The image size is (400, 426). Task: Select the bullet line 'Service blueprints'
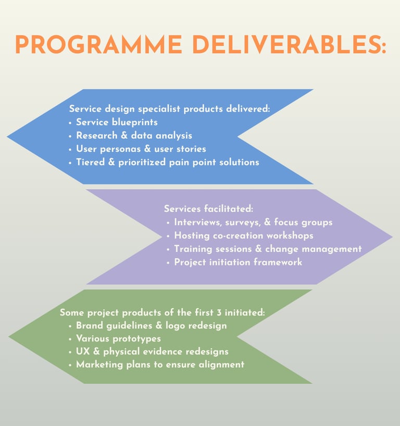(x=117, y=122)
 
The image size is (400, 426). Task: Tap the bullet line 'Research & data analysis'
(x=134, y=136)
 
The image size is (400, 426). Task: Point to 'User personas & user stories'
(x=141, y=149)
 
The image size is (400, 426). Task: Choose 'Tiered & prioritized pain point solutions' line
(x=167, y=162)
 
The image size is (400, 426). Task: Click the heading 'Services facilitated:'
(x=208, y=209)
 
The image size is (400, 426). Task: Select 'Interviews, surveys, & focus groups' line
(x=253, y=222)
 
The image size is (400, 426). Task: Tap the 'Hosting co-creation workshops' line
(x=243, y=236)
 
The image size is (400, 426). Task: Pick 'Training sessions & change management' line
(x=268, y=249)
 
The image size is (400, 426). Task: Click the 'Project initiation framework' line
(x=238, y=262)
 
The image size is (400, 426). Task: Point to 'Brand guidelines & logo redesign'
(x=151, y=325)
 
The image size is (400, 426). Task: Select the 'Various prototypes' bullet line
(x=118, y=338)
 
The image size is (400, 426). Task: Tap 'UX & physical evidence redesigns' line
(x=152, y=351)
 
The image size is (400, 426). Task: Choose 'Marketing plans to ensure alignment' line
(x=160, y=364)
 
